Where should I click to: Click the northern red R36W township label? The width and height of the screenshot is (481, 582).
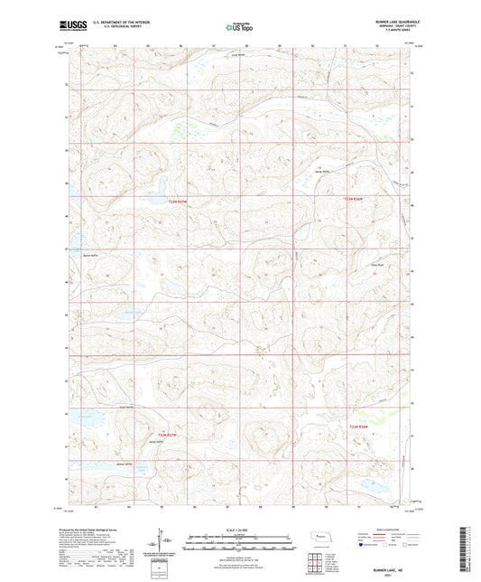click(x=356, y=199)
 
